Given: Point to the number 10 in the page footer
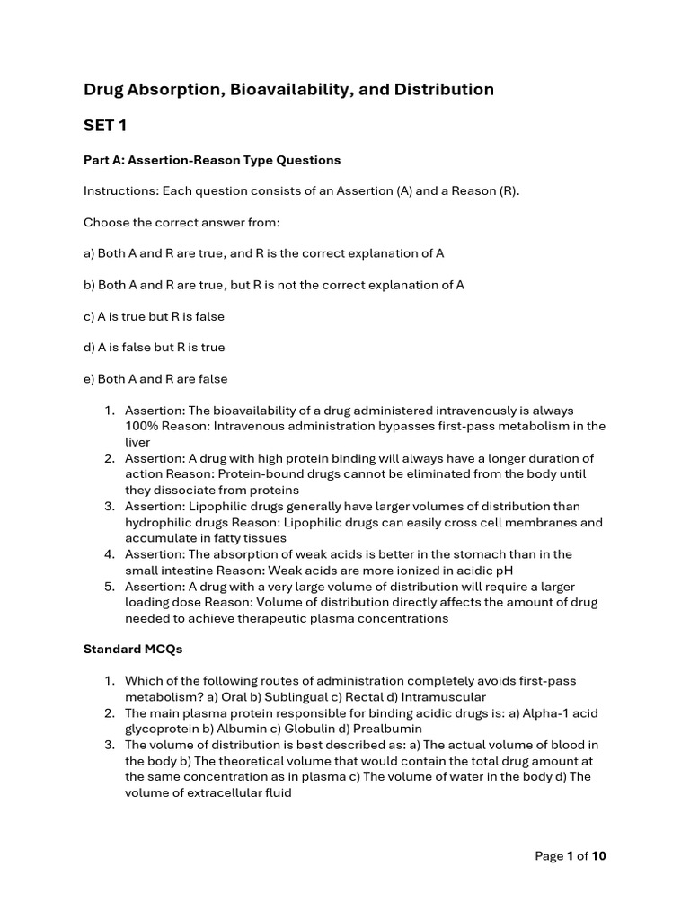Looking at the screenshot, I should (598, 856).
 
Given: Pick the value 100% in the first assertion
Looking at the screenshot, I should (142, 426).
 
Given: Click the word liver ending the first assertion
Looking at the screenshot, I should (137, 442).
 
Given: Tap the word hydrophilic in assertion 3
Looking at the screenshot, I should (162, 523).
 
